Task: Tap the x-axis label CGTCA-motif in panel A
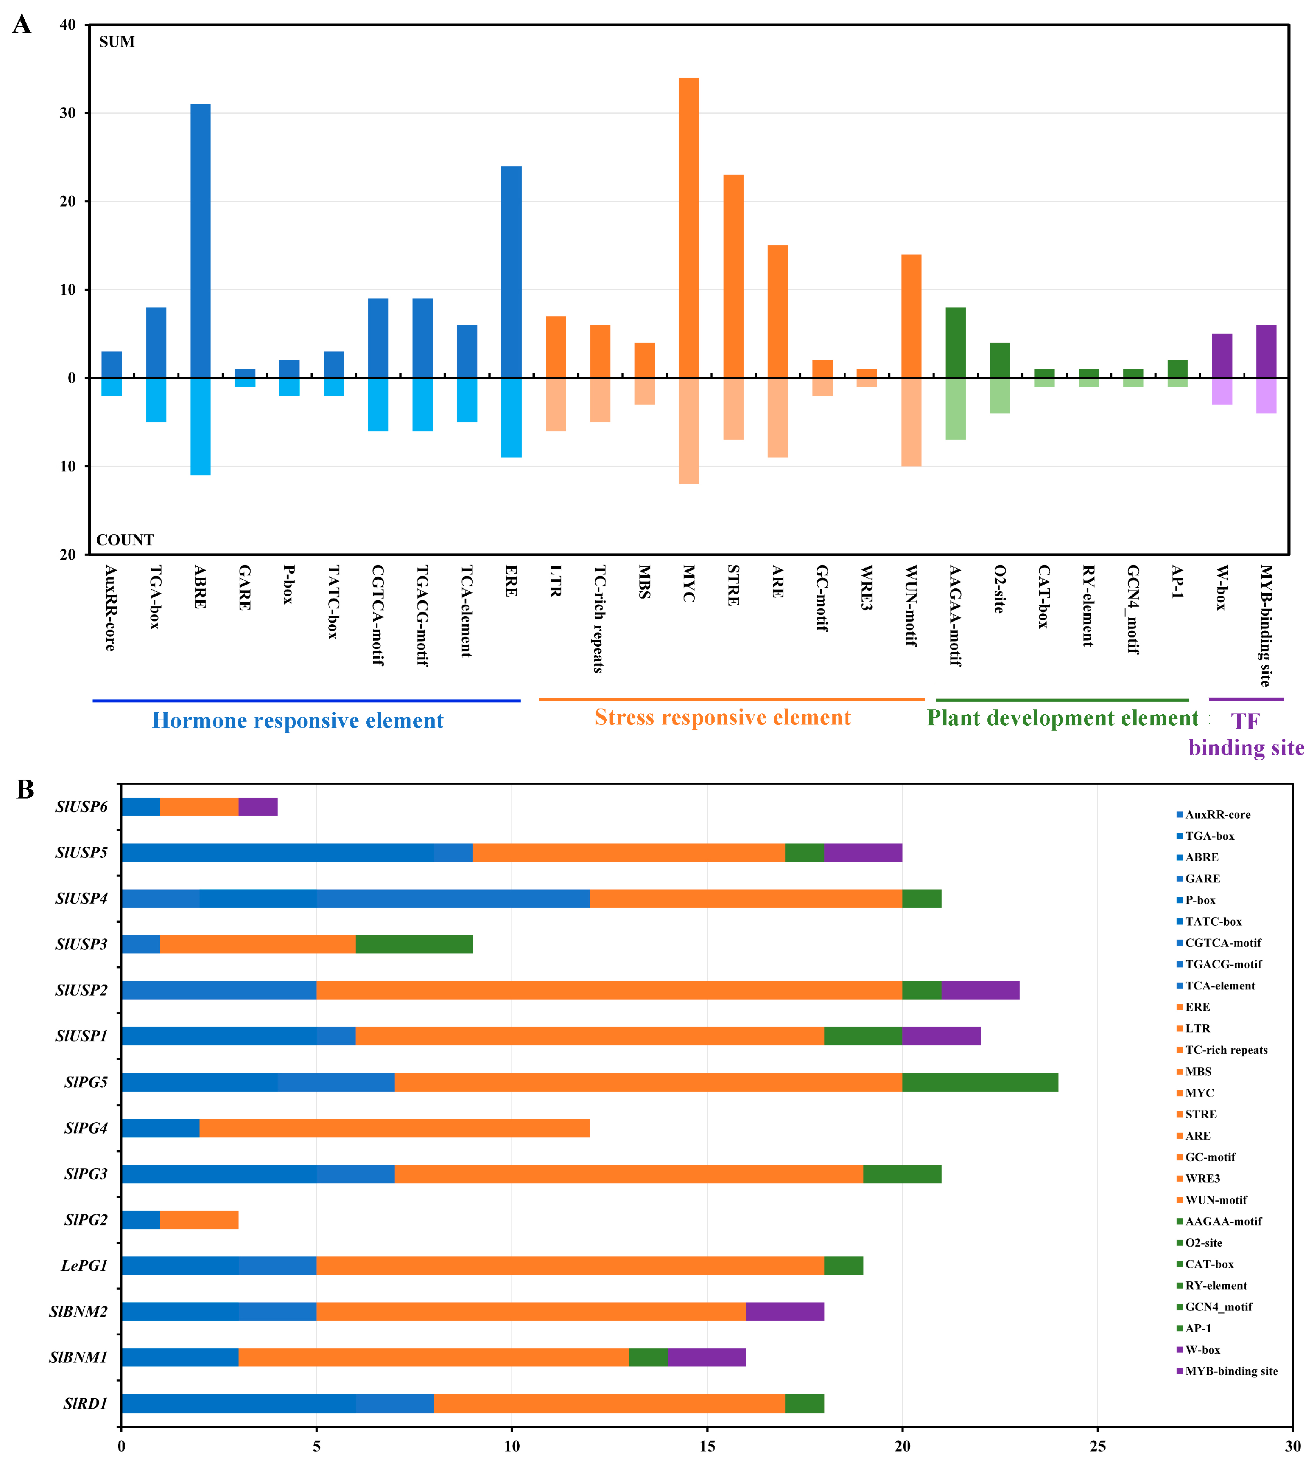tap(377, 615)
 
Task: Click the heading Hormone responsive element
tap(298, 720)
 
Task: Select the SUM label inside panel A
tap(117, 42)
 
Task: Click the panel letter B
tap(25, 790)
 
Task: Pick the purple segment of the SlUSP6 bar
tap(258, 806)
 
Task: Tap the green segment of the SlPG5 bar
tap(980, 1082)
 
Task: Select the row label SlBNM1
tap(78, 1357)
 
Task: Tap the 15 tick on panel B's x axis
tap(707, 1446)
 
